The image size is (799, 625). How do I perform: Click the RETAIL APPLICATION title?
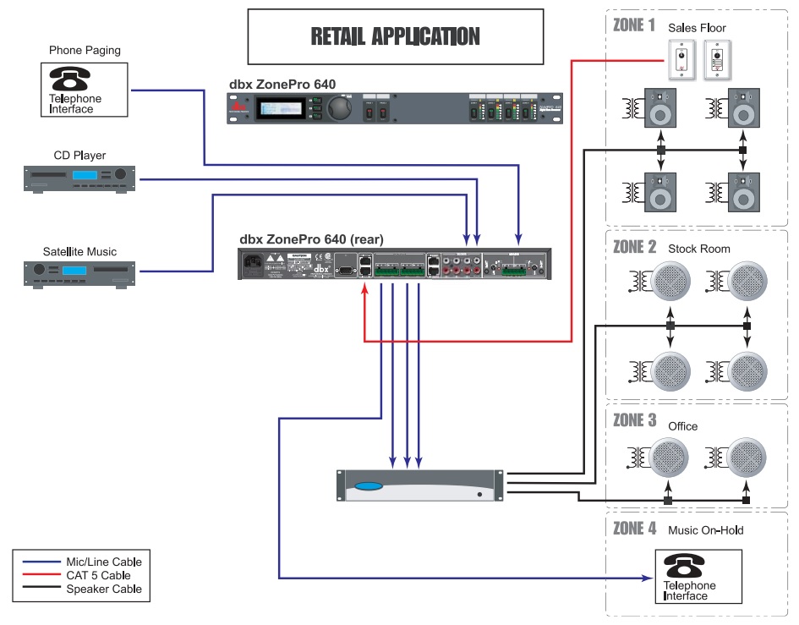pos(395,36)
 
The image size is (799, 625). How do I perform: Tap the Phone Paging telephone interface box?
pos(84,90)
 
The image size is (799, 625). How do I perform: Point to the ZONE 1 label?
pos(633,25)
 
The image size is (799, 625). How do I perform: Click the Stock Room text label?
pos(698,249)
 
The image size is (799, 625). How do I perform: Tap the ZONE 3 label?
pos(634,420)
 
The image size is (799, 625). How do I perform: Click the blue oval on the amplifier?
pos(369,486)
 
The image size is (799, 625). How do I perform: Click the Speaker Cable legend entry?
pos(103,589)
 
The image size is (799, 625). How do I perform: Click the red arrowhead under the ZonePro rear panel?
pos(364,289)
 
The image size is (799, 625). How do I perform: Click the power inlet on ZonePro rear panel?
pos(254,266)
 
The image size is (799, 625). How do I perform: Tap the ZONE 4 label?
pos(634,529)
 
